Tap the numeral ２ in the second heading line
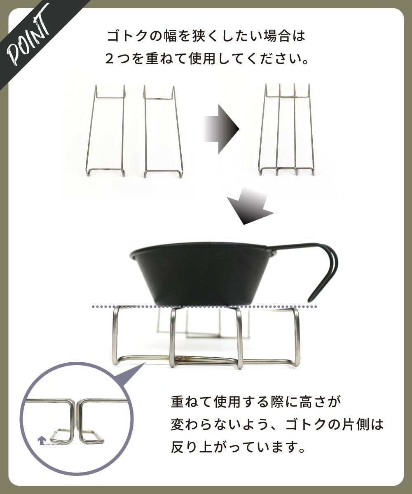click(x=110, y=58)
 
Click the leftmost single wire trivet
click(x=105, y=132)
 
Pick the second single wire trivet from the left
click(x=163, y=132)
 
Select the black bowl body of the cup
click(x=202, y=274)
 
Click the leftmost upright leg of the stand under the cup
click(x=115, y=336)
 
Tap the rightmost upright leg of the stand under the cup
click(x=296, y=336)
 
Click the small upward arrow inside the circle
click(x=41, y=440)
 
